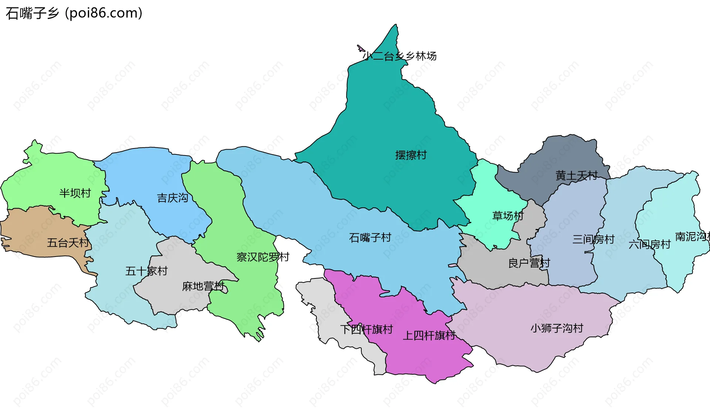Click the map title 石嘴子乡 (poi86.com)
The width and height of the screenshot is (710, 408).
point(74,13)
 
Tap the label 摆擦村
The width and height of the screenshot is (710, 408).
point(411,155)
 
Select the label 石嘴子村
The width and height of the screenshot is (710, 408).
point(370,237)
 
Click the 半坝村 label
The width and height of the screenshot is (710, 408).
point(75,193)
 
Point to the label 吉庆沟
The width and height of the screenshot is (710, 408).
point(173,198)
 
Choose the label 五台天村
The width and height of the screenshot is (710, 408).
point(68,243)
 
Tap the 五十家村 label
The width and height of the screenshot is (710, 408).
point(146,271)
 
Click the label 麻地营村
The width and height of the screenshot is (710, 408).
point(203,286)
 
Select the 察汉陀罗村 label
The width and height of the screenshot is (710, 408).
point(263,257)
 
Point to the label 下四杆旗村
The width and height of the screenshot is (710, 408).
point(366,329)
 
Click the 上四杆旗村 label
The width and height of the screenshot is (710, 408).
point(429,335)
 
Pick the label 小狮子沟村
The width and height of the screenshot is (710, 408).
point(557,328)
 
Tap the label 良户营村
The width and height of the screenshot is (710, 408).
point(529,263)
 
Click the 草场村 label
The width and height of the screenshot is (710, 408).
point(508,215)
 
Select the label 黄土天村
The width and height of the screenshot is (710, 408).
point(577,175)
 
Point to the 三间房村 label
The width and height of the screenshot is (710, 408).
point(593,239)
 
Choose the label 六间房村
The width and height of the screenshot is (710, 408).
point(649,244)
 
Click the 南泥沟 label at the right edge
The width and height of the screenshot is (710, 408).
point(692,237)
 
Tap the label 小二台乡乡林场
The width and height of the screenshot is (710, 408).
point(399,56)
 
